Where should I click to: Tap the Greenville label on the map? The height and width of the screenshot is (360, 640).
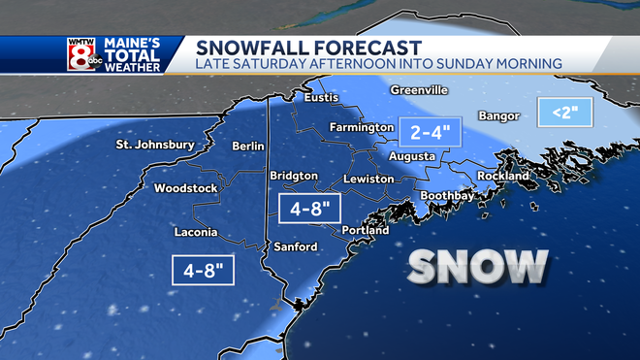coord(419,90)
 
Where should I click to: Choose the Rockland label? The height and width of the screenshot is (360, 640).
coord(503,177)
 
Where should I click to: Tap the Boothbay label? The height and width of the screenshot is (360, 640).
coord(447,196)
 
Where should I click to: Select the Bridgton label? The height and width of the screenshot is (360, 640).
coord(294,176)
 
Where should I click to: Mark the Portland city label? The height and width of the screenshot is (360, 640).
coord(366,231)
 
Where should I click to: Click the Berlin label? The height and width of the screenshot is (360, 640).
coord(248,146)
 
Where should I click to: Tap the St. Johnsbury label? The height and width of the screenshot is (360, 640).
coord(155,146)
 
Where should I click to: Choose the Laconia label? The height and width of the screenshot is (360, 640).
coord(194,233)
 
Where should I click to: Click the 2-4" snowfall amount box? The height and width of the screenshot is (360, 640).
coord(427,133)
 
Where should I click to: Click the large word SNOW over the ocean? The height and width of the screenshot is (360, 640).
coord(478,266)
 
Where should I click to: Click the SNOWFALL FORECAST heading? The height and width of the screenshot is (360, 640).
coord(308,47)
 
